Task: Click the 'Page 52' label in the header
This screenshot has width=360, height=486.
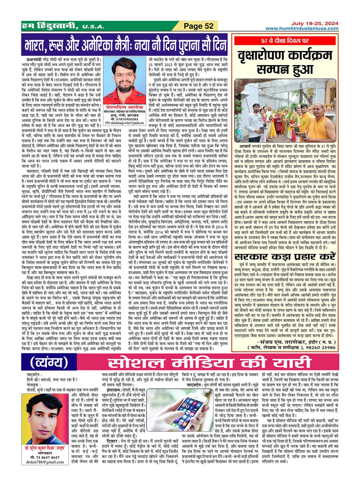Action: pyautogui.click(x=199, y=26)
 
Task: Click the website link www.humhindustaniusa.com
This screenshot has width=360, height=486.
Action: pyautogui.click(x=302, y=29)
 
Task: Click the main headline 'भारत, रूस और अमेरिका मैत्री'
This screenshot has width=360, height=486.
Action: pyautogui.click(x=126, y=46)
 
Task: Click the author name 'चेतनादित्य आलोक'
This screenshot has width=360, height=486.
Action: pyautogui.click(x=124, y=108)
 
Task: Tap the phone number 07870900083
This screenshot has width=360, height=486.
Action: pyautogui.click(x=125, y=120)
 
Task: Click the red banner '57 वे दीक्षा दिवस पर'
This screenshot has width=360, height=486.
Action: pyautogui.click(x=285, y=41)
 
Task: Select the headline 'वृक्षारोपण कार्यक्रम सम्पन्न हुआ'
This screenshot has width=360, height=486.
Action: pyautogui.click(x=285, y=62)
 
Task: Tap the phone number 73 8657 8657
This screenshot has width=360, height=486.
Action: pyautogui.click(x=45, y=457)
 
